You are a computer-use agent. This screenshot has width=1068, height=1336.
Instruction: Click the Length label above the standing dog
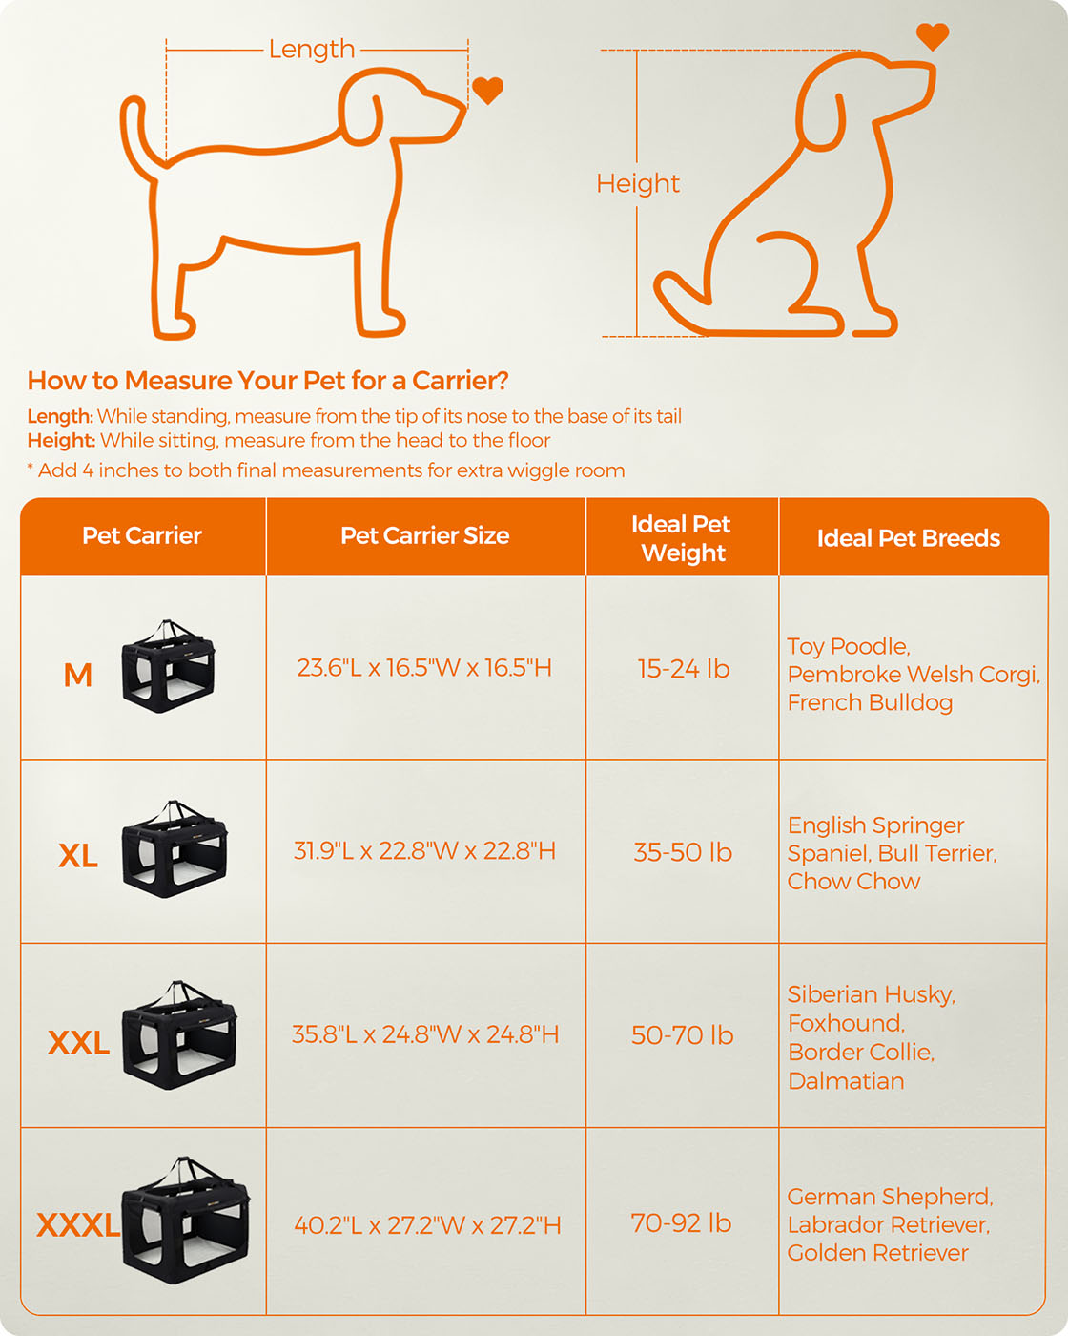tap(312, 49)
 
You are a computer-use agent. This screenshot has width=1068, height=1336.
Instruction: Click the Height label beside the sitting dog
tap(638, 184)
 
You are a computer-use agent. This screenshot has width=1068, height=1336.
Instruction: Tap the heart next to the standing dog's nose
tap(488, 91)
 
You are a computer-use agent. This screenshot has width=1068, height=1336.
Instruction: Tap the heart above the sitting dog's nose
tap(933, 36)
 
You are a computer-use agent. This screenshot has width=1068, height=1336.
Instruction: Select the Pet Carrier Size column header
tap(425, 535)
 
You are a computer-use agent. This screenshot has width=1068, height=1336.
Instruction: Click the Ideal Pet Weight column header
tap(682, 538)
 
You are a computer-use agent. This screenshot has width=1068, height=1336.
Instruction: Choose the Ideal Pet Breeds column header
tap(909, 538)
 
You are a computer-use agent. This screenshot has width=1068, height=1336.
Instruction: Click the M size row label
tap(78, 675)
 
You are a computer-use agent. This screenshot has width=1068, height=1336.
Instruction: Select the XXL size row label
tap(79, 1042)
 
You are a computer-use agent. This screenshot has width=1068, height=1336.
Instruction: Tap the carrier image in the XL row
tap(175, 848)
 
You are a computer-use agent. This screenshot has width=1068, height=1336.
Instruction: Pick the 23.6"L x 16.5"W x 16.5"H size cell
tap(424, 668)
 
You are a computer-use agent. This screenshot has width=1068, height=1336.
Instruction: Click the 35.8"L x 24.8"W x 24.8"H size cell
tap(425, 1034)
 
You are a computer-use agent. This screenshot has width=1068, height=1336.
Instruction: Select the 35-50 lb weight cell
tap(683, 852)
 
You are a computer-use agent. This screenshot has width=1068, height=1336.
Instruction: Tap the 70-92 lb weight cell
tap(682, 1222)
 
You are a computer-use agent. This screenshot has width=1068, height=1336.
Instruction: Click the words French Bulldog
tap(870, 702)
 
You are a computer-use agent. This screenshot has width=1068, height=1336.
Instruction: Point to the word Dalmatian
tap(846, 1081)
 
